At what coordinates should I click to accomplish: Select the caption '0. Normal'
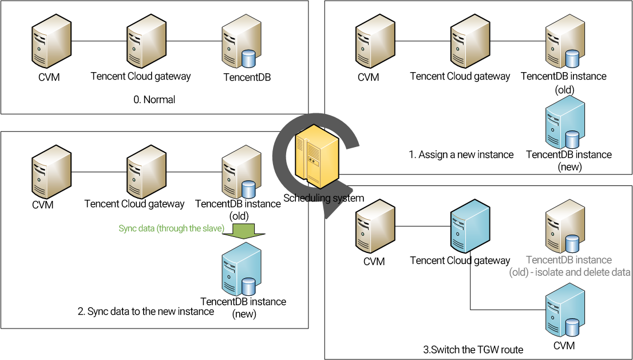(155, 100)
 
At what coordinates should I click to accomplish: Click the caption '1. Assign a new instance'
(461, 155)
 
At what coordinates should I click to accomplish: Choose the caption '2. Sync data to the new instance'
(146, 312)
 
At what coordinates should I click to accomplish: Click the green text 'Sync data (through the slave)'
(171, 228)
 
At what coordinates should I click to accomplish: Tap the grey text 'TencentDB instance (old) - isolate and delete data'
(569, 266)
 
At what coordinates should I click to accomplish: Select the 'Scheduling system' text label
(324, 198)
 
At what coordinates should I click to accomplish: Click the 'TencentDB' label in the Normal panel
(247, 77)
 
